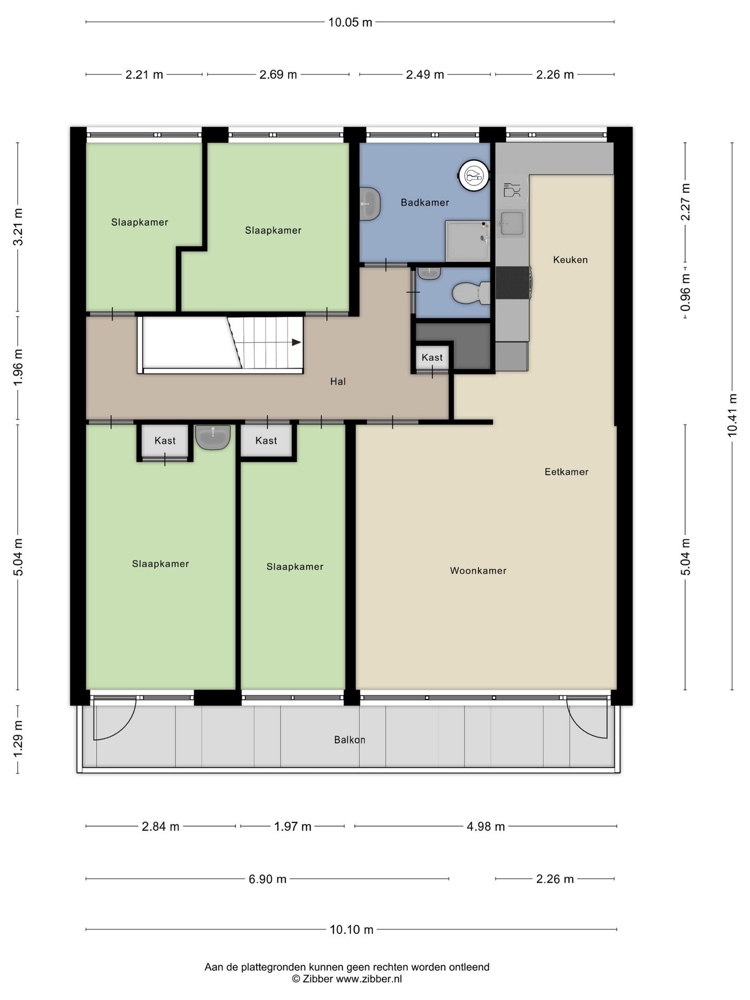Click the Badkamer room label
click(x=424, y=203)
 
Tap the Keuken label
click(x=570, y=259)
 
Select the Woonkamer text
click(x=478, y=571)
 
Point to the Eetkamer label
click(x=566, y=472)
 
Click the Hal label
click(x=338, y=382)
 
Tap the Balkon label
click(x=349, y=740)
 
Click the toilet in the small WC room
click(x=471, y=293)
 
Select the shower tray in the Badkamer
click(x=467, y=241)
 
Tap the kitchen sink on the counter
click(x=511, y=223)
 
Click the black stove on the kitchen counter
click(x=513, y=283)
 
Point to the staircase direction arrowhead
click(x=296, y=342)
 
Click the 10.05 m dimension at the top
click(x=350, y=22)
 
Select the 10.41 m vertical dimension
click(x=733, y=415)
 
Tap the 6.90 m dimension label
click(x=267, y=879)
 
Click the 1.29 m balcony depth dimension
click(x=18, y=740)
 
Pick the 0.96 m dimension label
click(x=685, y=293)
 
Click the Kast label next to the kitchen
click(x=432, y=358)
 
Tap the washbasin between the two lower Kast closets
click(x=213, y=437)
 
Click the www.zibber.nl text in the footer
click(x=369, y=979)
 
